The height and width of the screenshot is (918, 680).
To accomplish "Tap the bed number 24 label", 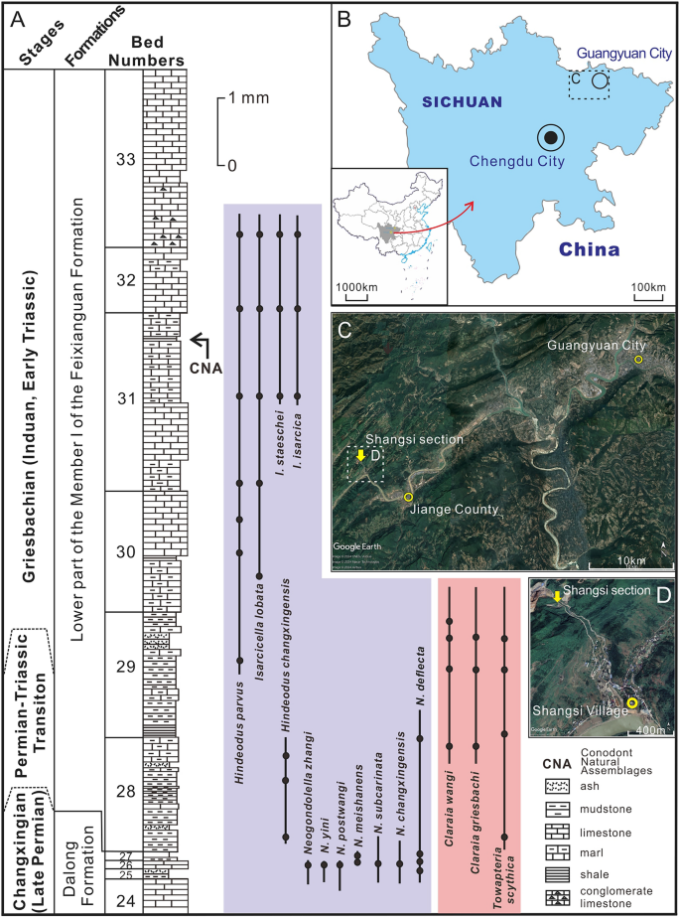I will click(x=124, y=900).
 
